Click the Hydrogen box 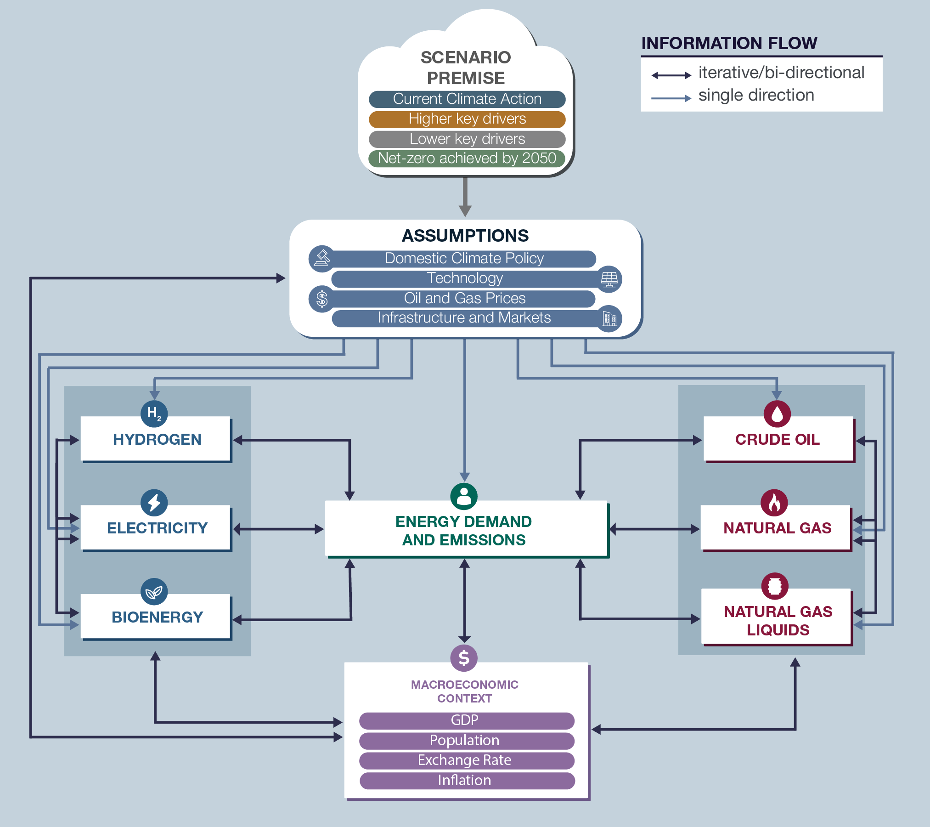coord(156,439)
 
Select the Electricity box coord(156,528)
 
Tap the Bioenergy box coord(156,617)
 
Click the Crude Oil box coord(778,439)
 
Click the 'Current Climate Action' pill coord(467,99)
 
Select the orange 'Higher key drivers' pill coord(467,119)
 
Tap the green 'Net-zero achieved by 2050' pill coord(467,159)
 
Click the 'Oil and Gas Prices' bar coord(464,299)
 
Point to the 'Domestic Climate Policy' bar coord(464,259)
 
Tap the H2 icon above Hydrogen coord(154,413)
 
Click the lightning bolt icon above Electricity coord(154,502)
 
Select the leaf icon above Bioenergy coord(154,591)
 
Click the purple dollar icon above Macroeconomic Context coord(464,658)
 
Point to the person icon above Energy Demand coord(464,496)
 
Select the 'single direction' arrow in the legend coord(671,98)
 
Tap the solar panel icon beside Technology coord(609,279)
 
